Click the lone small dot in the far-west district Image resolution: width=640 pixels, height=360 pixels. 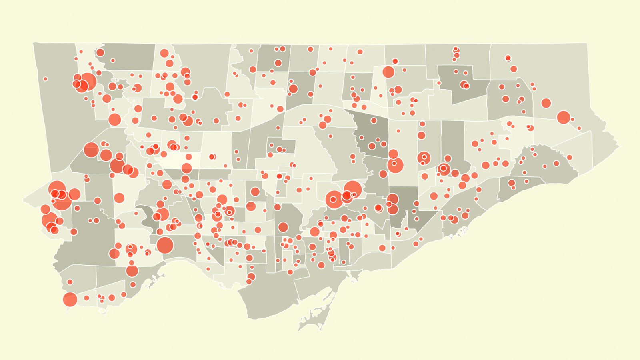45,79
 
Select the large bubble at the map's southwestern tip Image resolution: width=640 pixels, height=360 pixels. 70,299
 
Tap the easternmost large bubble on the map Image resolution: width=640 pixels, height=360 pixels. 563,117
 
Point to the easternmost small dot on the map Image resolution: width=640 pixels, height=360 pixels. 579,128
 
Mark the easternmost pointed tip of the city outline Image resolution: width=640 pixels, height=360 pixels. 619,146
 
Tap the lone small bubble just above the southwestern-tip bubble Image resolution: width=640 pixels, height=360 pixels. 70,282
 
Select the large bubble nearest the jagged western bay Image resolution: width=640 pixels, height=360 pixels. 132,271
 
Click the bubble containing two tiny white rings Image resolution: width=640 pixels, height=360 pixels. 424,158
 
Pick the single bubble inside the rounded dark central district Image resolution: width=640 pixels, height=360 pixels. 283,227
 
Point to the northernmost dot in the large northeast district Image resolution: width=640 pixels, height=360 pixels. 508,58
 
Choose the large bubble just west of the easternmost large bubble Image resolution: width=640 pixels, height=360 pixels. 546,103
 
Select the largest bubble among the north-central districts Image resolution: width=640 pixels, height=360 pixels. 388,72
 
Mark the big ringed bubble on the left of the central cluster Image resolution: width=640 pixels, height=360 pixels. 334,199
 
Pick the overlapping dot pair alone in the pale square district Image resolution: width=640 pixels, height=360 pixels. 212,156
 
